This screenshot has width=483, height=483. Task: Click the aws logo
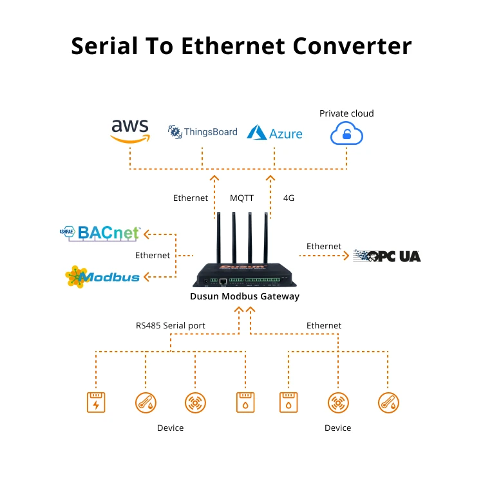coord(129,129)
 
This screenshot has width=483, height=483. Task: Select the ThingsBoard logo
coord(203,132)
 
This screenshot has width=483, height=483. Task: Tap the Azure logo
coord(275,133)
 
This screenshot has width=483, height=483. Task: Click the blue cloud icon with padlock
coord(346,134)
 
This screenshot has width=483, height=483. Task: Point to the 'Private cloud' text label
coord(346,113)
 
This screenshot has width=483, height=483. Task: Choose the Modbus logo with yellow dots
coord(103,277)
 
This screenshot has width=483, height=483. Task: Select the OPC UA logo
coord(387,256)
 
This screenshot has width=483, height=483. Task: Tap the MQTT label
coord(242,198)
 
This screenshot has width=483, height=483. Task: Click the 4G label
coord(289,198)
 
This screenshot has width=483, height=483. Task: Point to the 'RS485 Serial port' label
coord(171,325)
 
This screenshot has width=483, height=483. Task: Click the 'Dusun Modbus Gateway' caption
coord(244,296)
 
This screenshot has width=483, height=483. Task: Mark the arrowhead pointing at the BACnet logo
coord(146,233)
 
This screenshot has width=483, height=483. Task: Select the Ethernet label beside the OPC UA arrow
coord(324,246)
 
